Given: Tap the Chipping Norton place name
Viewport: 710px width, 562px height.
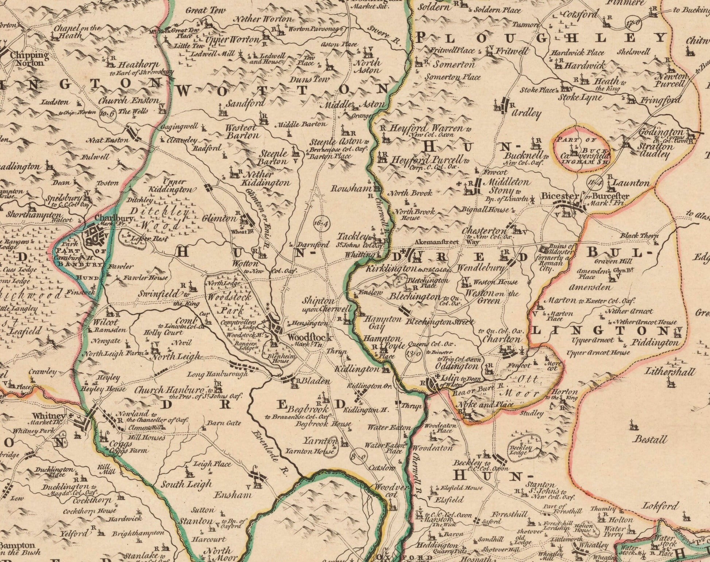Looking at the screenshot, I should [29, 59].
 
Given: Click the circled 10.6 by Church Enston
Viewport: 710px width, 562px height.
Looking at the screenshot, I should [107, 113].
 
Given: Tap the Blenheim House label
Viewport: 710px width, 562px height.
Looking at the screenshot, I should [281, 359].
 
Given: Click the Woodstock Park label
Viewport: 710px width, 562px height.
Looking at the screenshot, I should [229, 304].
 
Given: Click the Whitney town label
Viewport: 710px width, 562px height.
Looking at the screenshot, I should [48, 416].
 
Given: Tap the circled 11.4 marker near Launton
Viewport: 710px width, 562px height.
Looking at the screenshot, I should [594, 182].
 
